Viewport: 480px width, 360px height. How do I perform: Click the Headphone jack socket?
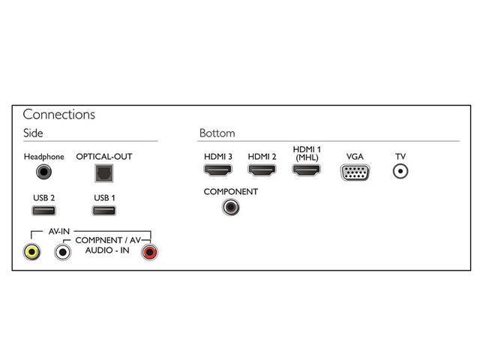(x=45, y=172)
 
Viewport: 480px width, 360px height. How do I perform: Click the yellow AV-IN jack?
(x=32, y=250)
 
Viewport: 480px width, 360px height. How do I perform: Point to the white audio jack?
(x=62, y=250)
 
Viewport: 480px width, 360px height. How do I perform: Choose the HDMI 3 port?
(x=218, y=171)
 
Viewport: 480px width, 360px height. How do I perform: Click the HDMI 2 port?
(x=262, y=171)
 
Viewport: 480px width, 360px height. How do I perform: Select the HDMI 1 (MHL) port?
(x=307, y=171)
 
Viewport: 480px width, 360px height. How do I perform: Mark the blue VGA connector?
(x=355, y=172)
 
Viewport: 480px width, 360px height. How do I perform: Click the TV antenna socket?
(x=400, y=171)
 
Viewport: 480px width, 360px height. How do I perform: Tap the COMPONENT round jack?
(x=231, y=205)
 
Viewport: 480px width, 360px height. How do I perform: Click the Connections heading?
(x=58, y=115)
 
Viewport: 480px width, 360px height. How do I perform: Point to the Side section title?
(x=33, y=133)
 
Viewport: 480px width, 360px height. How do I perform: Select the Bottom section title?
(x=217, y=133)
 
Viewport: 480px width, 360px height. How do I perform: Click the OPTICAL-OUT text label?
(x=103, y=157)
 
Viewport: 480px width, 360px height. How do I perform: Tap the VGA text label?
(x=355, y=156)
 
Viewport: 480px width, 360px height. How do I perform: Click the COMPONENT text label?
(x=231, y=192)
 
